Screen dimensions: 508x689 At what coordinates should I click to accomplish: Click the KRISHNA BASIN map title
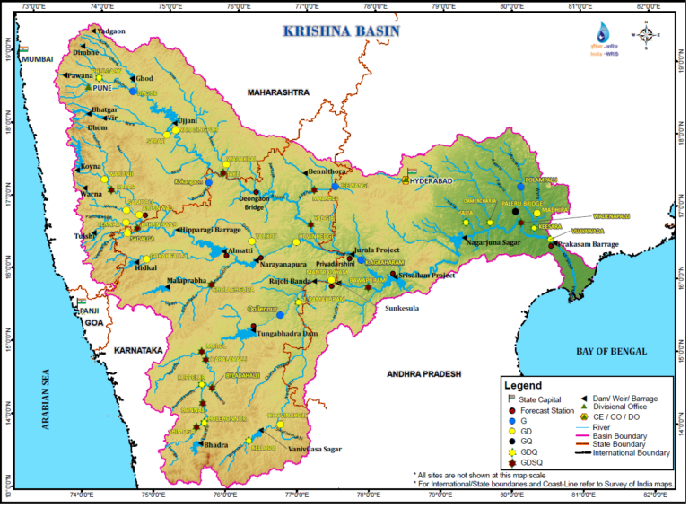pyautogui.click(x=341, y=31)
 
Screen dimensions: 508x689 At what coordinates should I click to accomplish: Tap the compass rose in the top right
pyautogui.click(x=646, y=35)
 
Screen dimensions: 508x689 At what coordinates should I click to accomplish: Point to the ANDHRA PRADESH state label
pyautogui.click(x=423, y=372)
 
